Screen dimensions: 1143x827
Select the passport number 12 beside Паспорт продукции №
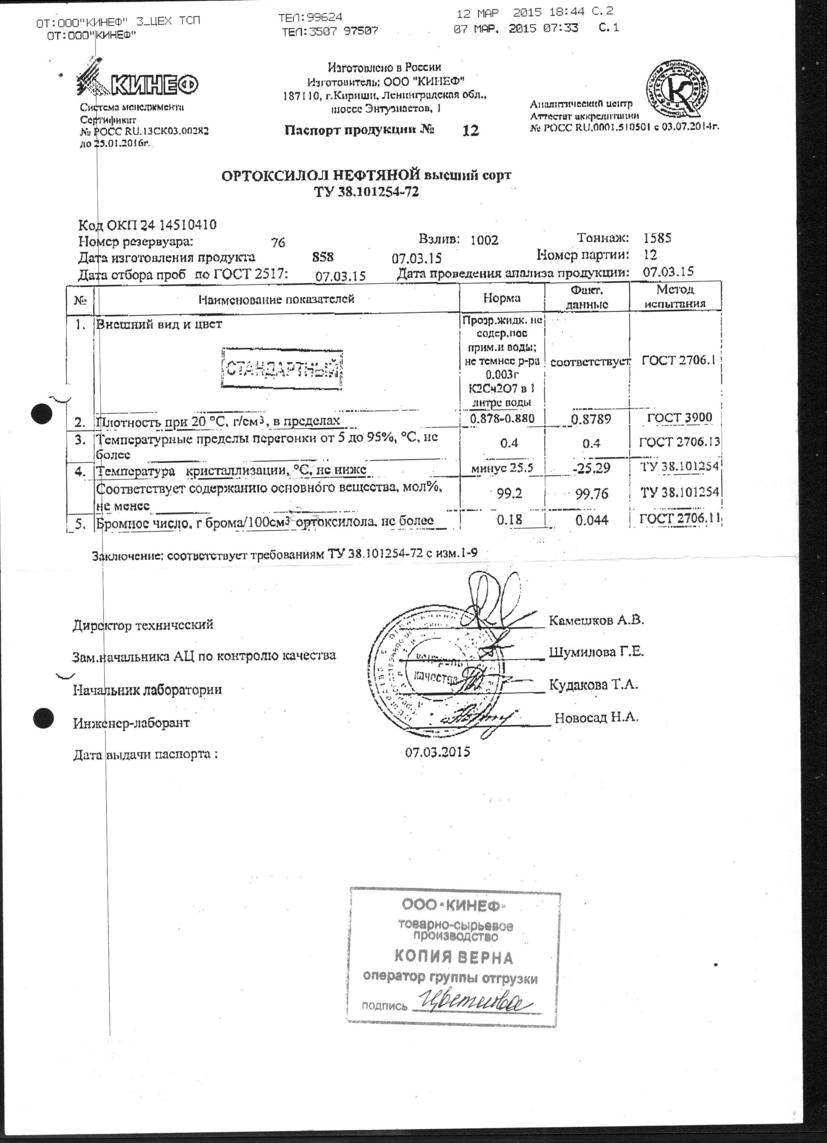pyautogui.click(x=470, y=131)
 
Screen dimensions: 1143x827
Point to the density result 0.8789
pyautogui.click(x=591, y=419)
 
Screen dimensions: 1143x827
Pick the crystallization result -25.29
pyautogui.click(x=591, y=467)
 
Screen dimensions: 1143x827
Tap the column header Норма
pyautogui.click(x=501, y=298)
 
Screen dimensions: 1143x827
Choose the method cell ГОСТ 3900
pyautogui.click(x=679, y=417)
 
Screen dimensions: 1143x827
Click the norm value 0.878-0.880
pyautogui.click(x=502, y=418)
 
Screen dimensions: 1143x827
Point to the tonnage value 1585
pyautogui.click(x=657, y=238)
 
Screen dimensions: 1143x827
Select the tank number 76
pyautogui.click(x=278, y=243)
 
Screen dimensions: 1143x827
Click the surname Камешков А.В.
pyautogui.click(x=596, y=620)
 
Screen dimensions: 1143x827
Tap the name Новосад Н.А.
pyautogui.click(x=596, y=717)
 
